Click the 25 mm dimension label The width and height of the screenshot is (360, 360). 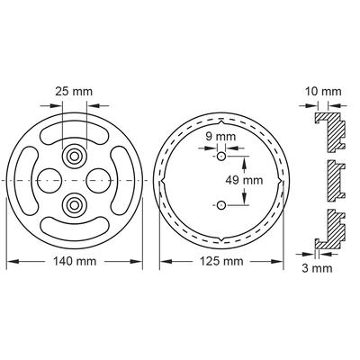pos(74,92)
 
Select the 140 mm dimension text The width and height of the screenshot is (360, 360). pos(75,261)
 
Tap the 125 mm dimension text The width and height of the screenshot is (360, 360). pos(221,261)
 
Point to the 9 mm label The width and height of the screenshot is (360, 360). pos(220,137)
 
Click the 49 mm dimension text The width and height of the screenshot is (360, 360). pos(244,180)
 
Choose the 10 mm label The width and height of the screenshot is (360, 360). pos(323,92)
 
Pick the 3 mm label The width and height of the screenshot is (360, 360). pos(317,268)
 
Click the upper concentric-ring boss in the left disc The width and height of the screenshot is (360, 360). pos(74,157)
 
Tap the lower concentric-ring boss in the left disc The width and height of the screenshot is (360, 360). pos(74,205)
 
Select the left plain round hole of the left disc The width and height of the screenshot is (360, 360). pos(49,180)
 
